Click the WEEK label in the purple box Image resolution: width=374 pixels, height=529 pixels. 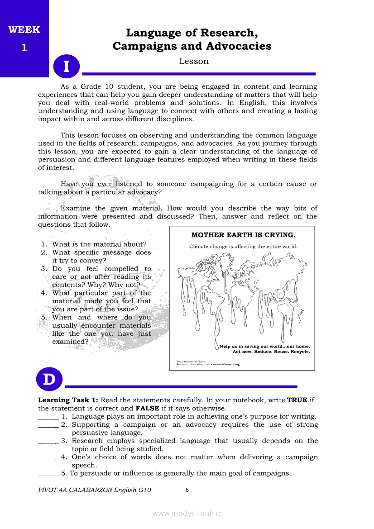(24, 30)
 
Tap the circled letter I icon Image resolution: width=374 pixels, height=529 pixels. (66, 67)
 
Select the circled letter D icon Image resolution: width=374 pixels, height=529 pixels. (49, 380)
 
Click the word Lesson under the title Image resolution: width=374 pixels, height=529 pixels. (194, 61)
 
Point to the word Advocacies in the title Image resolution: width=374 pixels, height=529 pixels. (239, 46)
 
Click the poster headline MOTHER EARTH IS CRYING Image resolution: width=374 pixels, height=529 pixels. (243, 235)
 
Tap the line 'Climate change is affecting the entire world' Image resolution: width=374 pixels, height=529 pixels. (243, 247)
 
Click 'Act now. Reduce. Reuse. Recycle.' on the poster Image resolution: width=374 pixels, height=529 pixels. (271, 352)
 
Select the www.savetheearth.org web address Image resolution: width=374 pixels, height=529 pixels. (225, 364)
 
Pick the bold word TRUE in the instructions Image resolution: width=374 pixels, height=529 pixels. (297, 400)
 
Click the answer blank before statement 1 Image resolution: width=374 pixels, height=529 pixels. (48, 417)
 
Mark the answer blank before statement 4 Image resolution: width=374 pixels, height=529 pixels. (48, 458)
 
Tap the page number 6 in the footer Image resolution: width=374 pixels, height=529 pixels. (187, 490)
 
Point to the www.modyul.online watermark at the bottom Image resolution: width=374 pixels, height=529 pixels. (187, 513)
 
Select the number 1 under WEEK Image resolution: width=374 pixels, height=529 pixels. (24, 48)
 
